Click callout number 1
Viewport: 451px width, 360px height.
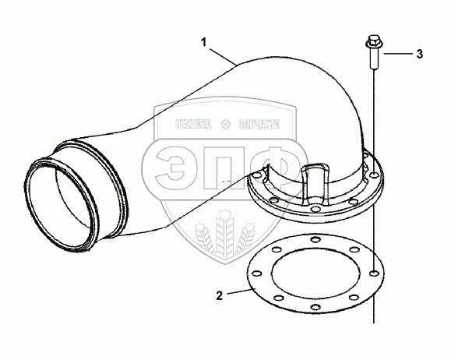(x=203, y=43)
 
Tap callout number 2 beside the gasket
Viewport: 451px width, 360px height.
(x=220, y=295)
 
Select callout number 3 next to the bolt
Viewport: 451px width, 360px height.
(x=420, y=54)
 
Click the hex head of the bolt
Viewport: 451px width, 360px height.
(x=373, y=42)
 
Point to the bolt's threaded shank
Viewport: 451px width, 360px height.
(x=373, y=58)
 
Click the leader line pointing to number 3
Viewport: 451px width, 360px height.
(x=397, y=54)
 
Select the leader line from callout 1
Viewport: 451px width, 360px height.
(x=224, y=56)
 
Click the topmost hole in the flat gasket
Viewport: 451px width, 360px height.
(x=315, y=239)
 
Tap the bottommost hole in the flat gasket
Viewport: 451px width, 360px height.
(x=315, y=307)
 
